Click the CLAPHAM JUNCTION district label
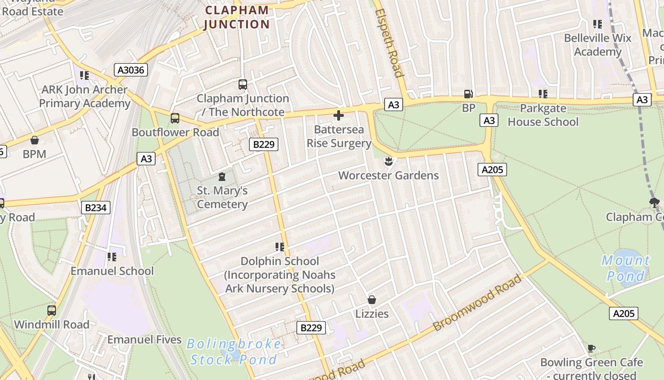(236, 17)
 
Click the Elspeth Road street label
(389, 43)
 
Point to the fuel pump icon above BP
(468, 94)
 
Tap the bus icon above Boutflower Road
(175, 118)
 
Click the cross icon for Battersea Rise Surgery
(339, 115)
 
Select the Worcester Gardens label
(388, 175)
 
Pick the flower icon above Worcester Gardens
(388, 161)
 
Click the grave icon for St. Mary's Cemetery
(221, 177)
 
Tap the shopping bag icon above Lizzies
(372, 300)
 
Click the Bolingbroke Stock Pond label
(233, 351)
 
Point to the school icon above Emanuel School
(112, 257)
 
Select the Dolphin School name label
(280, 261)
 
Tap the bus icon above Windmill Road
(51, 311)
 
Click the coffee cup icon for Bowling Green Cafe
(591, 348)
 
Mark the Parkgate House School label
(543, 115)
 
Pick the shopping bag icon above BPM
(34, 140)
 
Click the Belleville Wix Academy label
(598, 45)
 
